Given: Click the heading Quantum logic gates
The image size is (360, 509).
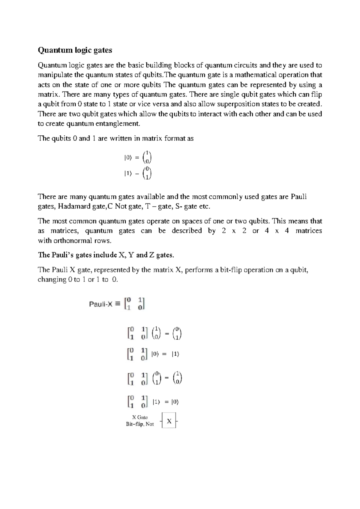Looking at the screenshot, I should click(75, 50).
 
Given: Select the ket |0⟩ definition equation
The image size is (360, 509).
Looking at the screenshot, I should click(138, 158).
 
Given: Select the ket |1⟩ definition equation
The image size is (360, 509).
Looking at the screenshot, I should click(138, 174).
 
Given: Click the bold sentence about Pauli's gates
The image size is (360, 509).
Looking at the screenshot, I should click(106, 255).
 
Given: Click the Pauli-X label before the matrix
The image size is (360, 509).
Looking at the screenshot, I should click(101, 304).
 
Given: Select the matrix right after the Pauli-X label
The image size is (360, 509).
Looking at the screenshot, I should click(135, 304).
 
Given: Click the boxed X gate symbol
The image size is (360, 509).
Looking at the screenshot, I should click(169, 421).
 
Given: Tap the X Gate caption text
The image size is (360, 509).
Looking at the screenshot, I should click(140, 417).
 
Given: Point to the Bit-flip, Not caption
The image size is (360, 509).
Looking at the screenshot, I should click(140, 424).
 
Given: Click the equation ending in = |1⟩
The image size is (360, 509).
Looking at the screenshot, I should click(153, 354).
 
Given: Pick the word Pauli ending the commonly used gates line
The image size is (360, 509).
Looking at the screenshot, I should click(298, 197).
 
